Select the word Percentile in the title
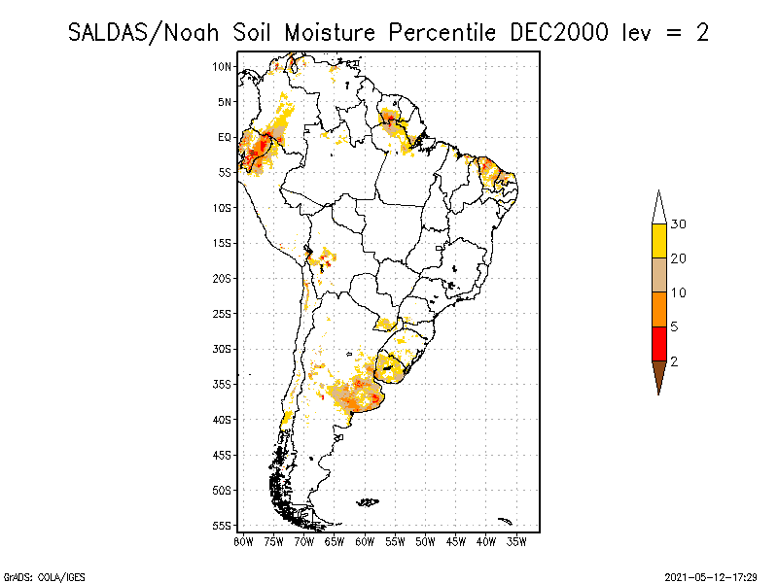click(443, 32)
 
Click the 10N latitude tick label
click(223, 66)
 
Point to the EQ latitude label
click(225, 137)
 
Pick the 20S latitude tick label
click(223, 278)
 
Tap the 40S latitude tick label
click(223, 419)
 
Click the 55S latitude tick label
click(223, 525)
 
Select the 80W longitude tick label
click(243, 540)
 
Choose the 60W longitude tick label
click(365, 540)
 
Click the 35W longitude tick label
click(516, 540)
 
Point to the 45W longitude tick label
click(456, 540)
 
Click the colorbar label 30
click(679, 224)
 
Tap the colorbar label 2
click(674, 360)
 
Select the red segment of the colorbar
click(658, 343)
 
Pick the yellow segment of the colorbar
click(658, 241)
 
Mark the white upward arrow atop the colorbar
click(658, 207)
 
